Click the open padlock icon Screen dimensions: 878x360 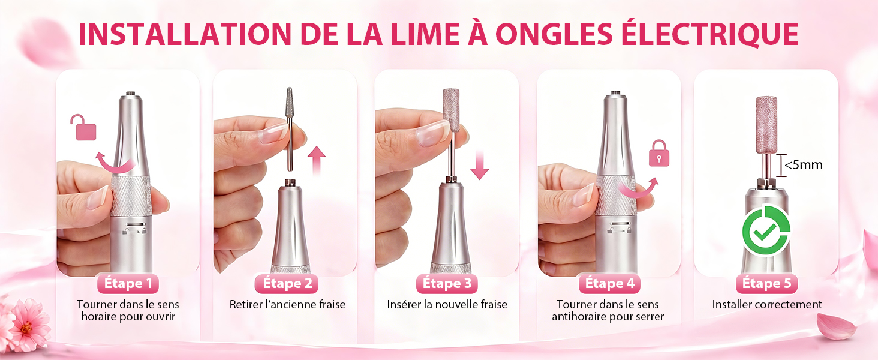tap(83, 127)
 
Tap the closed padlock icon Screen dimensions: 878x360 tap(659, 153)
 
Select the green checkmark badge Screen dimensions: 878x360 tap(766, 230)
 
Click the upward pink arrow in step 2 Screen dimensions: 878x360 tap(316, 160)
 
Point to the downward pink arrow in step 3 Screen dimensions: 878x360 tap(479, 165)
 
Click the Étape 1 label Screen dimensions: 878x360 tap(128, 284)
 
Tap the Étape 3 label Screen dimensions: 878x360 tap(447, 284)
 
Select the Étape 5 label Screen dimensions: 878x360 tap(766, 284)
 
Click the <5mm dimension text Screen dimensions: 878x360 tap(803, 165)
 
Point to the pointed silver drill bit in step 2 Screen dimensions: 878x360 tap(289, 129)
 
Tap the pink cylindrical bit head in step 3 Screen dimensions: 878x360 tap(451, 110)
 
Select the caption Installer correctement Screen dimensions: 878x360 tap(766, 304)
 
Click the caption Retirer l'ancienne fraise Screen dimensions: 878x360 tap(287, 304)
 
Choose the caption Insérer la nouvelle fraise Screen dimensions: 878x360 tap(447, 304)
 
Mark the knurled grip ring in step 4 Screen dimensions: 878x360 tap(616, 195)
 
